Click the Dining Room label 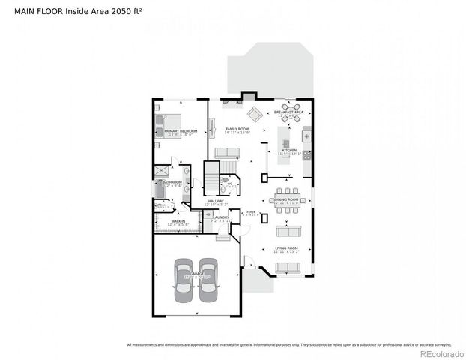(x=286, y=200)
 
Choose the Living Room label (x=286, y=248)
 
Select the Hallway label (x=216, y=201)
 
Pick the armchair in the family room (x=255, y=114)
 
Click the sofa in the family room (x=227, y=152)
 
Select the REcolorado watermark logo (x=442, y=352)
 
